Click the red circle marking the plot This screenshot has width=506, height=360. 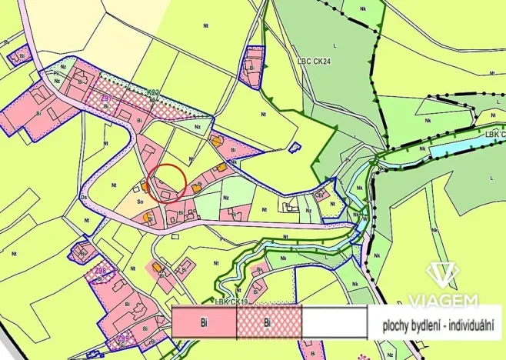(x=167, y=178)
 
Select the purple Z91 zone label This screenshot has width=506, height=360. (x=107, y=99)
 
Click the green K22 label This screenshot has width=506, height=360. (x=154, y=92)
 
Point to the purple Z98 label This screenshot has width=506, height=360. (x=101, y=272)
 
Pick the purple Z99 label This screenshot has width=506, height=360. (x=122, y=338)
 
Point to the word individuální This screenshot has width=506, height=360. (x=474, y=324)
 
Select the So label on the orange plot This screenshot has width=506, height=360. (x=140, y=202)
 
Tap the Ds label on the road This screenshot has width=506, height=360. (x=84, y=197)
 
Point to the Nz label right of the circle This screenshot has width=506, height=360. (x=225, y=197)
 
